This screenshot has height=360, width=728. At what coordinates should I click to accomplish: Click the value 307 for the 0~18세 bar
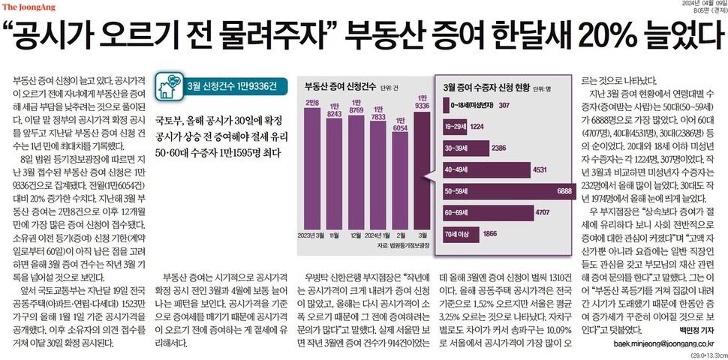504,106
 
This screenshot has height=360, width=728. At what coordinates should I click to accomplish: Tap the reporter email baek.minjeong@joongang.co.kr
653,343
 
